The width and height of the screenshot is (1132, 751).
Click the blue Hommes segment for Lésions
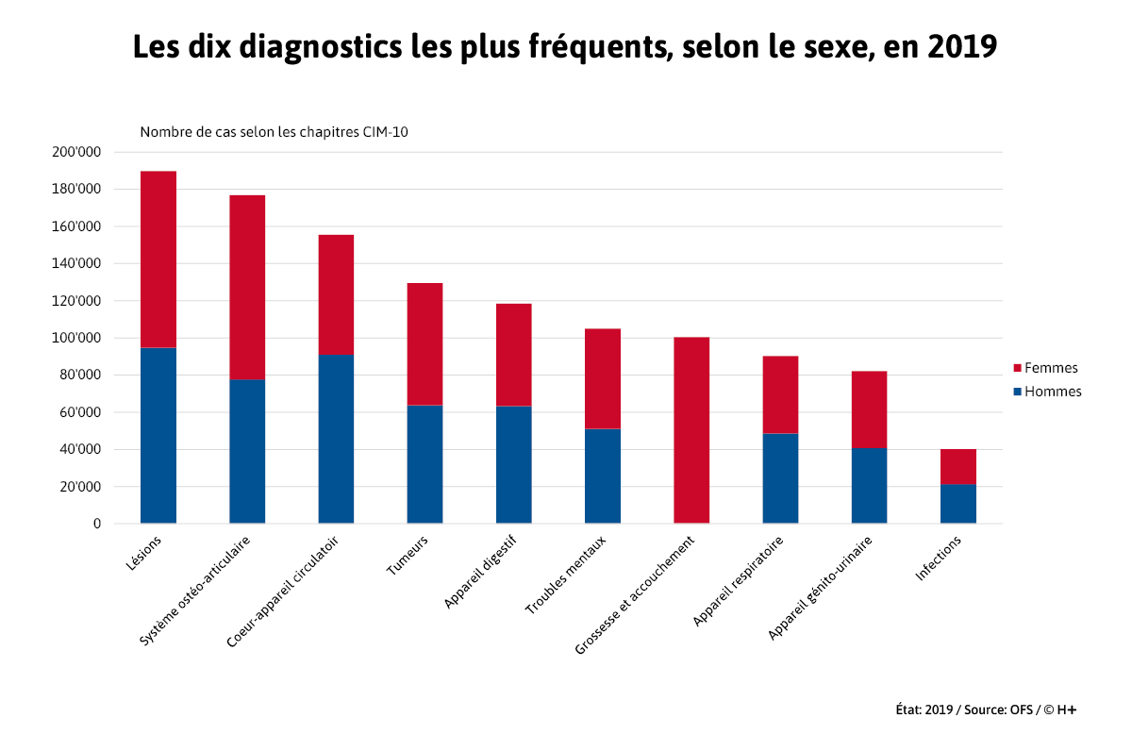pos(158,435)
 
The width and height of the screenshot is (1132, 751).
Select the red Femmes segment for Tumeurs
pos(424,343)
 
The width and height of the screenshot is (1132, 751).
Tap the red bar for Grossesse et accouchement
pos(691,429)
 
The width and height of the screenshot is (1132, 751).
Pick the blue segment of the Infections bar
pos(957,504)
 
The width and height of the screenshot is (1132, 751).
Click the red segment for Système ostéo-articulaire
pos(247,287)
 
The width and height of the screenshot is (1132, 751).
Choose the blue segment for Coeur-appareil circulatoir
pos(336,438)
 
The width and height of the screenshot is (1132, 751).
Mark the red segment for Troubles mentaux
pos(603,378)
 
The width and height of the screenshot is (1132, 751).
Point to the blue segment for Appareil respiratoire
pos(780,477)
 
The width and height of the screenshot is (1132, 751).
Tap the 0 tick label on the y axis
pos(96,524)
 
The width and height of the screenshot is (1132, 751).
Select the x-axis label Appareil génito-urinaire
pos(820,588)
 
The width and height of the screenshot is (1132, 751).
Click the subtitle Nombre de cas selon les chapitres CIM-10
pos(274,132)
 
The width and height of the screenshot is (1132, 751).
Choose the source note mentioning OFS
pos(985,709)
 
